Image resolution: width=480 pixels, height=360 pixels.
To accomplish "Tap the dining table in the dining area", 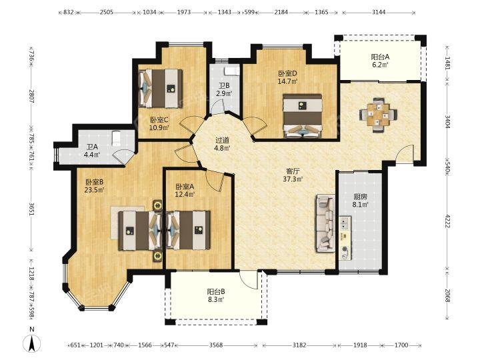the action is pos(379,115).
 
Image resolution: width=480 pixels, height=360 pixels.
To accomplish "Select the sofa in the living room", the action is pos(325,223).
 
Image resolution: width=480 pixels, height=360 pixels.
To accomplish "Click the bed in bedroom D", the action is pos(303,116).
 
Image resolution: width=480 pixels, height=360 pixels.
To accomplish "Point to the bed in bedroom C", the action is pos(161,89).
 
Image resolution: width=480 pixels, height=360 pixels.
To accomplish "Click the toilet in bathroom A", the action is pos(116,139).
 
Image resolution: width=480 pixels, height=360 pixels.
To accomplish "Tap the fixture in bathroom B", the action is pos(232,71).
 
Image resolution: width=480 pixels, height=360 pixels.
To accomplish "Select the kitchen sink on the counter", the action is pos(345,224).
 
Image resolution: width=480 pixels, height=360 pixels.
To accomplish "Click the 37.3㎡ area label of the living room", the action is pos(293,179).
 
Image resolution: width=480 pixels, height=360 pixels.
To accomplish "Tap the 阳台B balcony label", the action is pos(216,292).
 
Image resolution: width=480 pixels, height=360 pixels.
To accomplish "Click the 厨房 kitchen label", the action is pos(360,197).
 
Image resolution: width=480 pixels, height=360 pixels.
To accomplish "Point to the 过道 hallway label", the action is pos(222,141).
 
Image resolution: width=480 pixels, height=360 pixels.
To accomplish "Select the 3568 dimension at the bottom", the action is pos(216,345).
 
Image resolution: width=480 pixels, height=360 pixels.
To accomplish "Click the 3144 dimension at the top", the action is pos(379,12).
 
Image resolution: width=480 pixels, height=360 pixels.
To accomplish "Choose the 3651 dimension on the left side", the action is pos(31,209).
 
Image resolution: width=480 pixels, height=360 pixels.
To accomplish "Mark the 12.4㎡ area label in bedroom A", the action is pos(185,194).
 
